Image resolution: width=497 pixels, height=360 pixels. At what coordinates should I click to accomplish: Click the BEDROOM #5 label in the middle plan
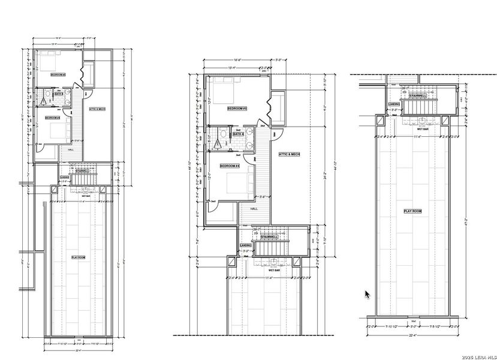click(x=237, y=109)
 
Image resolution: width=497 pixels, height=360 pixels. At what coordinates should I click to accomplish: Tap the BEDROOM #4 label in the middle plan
click(x=230, y=166)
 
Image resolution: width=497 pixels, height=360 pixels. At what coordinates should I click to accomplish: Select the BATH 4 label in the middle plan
click(x=238, y=134)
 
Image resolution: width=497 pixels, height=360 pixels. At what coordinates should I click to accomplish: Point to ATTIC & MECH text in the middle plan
click(x=289, y=154)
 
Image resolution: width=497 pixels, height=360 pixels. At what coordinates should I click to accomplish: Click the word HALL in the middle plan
click(x=254, y=208)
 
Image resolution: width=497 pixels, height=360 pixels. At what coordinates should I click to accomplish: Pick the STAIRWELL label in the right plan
click(x=417, y=96)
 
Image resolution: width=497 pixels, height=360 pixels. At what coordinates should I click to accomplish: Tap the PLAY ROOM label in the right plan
click(x=412, y=211)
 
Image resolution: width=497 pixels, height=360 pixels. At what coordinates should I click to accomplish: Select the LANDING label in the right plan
click(x=394, y=104)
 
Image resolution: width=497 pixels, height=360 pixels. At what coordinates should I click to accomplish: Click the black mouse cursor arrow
click(x=368, y=294)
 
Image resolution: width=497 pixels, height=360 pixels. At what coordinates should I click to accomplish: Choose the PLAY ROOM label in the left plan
click(x=79, y=257)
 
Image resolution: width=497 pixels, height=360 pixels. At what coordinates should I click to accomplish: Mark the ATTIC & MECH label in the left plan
click(x=97, y=109)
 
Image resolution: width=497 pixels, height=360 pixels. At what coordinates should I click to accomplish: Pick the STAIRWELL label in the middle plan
click(x=272, y=237)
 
